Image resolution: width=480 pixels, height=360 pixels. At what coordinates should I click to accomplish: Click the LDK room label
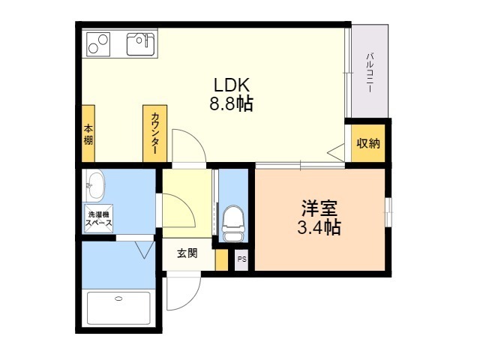click(232, 85)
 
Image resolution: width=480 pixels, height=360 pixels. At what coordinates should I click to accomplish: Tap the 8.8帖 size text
click(231, 103)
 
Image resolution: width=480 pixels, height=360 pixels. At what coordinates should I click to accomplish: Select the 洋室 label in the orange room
click(319, 208)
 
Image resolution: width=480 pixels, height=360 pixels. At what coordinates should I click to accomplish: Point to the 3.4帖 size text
click(319, 226)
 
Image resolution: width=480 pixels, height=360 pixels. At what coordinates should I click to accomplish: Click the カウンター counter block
click(155, 133)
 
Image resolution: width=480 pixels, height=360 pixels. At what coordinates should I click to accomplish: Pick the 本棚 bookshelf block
click(88, 133)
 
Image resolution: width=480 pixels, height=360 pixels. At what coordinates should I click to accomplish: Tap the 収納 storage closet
click(368, 143)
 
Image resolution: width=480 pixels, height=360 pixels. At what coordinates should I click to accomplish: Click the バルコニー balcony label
click(370, 73)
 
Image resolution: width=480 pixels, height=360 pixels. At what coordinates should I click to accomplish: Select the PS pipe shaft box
click(241, 260)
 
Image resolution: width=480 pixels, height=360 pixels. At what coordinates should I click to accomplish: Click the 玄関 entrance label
click(187, 253)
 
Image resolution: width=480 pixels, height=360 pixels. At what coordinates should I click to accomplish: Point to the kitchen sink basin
click(141, 44)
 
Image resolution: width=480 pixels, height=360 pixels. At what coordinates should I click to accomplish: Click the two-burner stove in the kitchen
click(98, 44)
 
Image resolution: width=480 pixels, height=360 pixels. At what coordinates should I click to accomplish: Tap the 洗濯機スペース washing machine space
click(99, 218)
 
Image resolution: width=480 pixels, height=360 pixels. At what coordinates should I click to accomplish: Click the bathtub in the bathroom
click(118, 308)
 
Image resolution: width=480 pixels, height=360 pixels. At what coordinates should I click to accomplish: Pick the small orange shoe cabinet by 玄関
click(222, 260)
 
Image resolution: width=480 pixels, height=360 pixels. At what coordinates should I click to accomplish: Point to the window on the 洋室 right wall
click(388, 212)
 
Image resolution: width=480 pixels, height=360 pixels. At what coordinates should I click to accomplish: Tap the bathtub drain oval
click(118, 298)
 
